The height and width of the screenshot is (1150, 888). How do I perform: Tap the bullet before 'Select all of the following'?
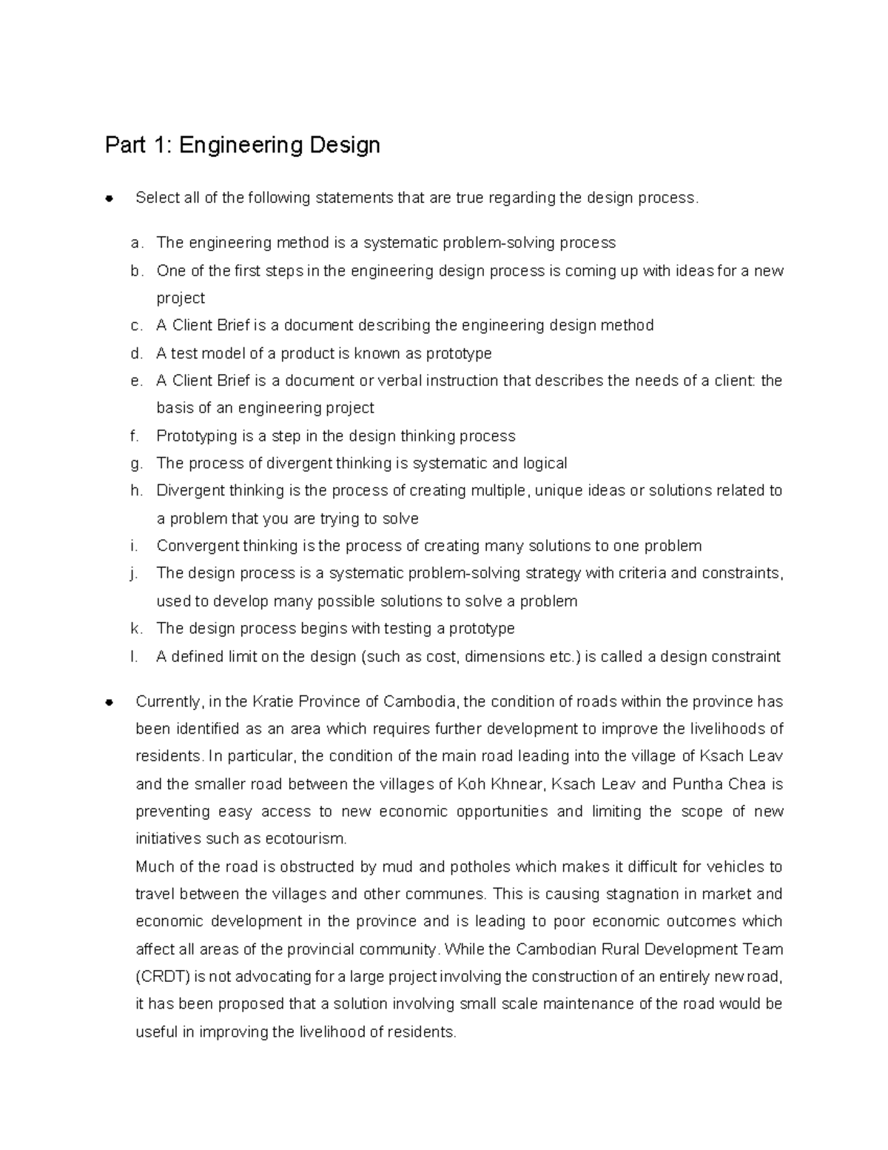pos(109,198)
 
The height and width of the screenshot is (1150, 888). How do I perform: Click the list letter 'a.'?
pos(135,243)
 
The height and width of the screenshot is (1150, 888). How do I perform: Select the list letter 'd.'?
pos(135,353)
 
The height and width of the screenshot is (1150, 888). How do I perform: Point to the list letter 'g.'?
pos(135,464)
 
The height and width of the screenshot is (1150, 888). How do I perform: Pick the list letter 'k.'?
pos(135,629)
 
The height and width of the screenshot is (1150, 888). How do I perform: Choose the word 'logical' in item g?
pos(545,464)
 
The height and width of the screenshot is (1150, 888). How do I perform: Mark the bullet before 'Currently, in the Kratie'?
pos(109,702)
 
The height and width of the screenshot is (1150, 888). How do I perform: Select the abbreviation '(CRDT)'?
pos(164,977)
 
